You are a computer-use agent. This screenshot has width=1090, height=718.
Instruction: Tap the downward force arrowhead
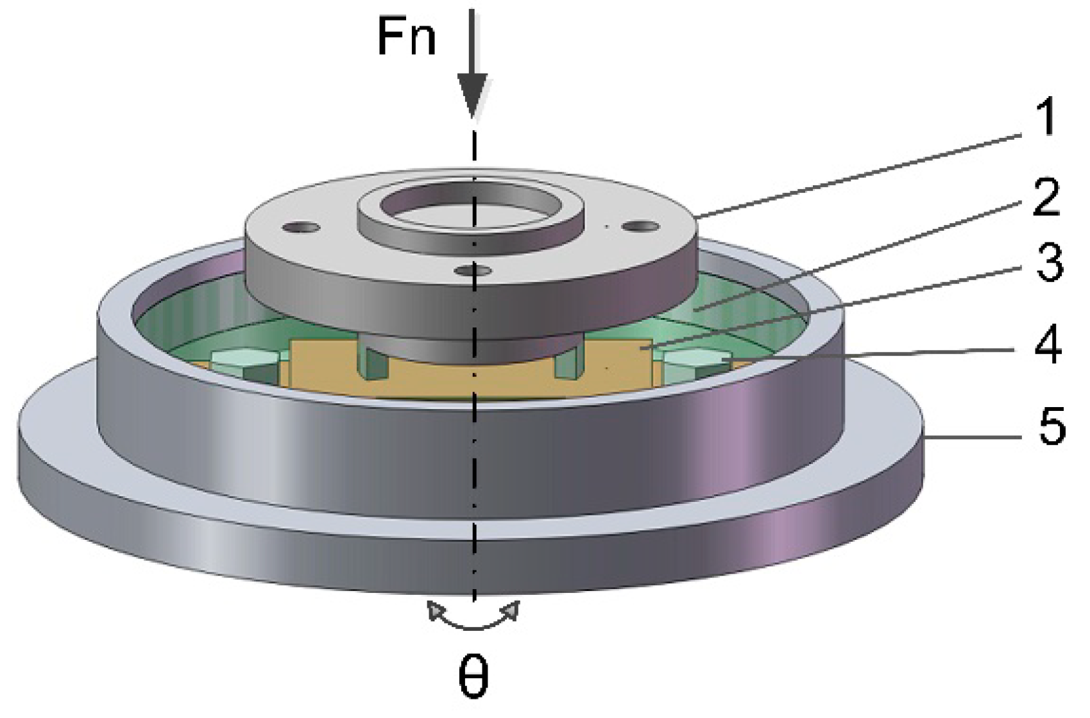click(x=473, y=96)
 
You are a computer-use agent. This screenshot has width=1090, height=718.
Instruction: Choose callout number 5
click(x=1051, y=426)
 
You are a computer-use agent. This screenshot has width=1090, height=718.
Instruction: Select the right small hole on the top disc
click(x=642, y=226)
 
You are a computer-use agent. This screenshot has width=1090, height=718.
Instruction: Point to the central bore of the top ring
click(x=470, y=207)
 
